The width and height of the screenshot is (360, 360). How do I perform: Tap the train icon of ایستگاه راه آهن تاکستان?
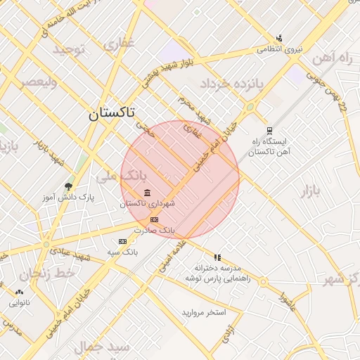pos(269,130)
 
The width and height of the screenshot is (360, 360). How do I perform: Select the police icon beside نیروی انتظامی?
pos(279,38)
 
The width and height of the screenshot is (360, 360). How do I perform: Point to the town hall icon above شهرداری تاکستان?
pos(146,193)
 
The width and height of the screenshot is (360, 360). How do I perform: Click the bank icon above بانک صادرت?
pos(155,219)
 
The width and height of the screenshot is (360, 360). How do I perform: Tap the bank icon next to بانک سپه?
pos(122,242)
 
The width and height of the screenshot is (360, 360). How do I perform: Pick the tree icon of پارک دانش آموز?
pos(68,186)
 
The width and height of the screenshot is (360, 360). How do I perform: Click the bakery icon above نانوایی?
pos(19,292)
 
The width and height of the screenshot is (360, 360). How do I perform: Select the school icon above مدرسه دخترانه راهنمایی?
pos(217,257)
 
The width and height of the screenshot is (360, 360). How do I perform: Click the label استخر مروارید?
pos(204,311)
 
